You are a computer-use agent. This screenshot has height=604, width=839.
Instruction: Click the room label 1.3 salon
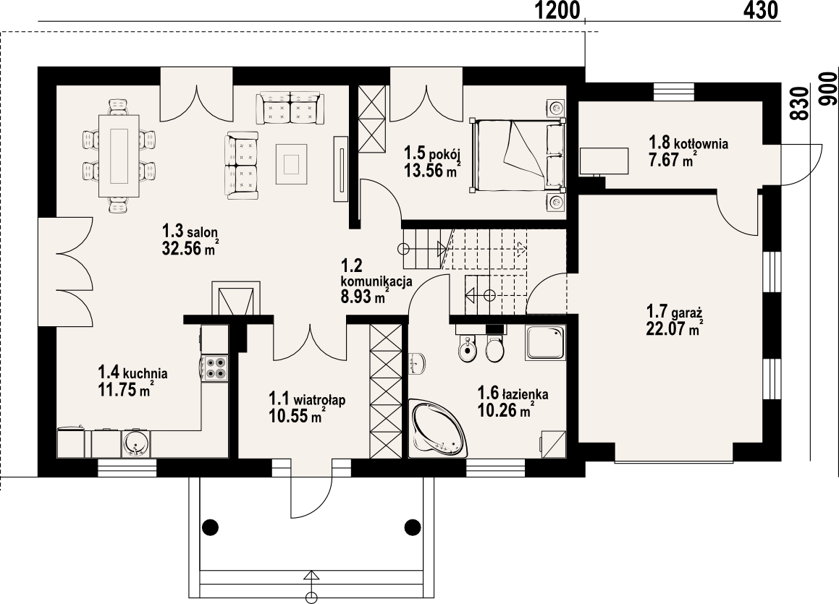click(x=190, y=231)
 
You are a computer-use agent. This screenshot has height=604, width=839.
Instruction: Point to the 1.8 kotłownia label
click(x=688, y=143)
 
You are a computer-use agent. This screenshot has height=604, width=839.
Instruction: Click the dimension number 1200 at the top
click(x=558, y=10)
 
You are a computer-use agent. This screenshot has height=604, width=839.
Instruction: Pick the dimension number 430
click(x=760, y=10)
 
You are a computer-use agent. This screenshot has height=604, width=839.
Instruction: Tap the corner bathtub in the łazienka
click(x=436, y=430)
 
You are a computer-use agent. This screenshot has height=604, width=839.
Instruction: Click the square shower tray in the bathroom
click(x=544, y=343)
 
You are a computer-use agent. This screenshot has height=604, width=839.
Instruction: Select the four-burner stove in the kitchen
click(x=215, y=367)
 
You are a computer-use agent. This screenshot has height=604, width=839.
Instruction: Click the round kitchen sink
click(x=136, y=443)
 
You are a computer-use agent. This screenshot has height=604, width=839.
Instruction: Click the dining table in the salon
click(x=119, y=156)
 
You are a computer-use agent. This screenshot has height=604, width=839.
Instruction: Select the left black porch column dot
click(x=211, y=527)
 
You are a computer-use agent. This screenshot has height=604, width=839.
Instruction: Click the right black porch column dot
click(x=412, y=527)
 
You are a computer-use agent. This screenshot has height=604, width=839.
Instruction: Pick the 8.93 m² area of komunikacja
click(x=363, y=296)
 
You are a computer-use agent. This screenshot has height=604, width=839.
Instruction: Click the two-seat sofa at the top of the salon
click(x=290, y=108)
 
